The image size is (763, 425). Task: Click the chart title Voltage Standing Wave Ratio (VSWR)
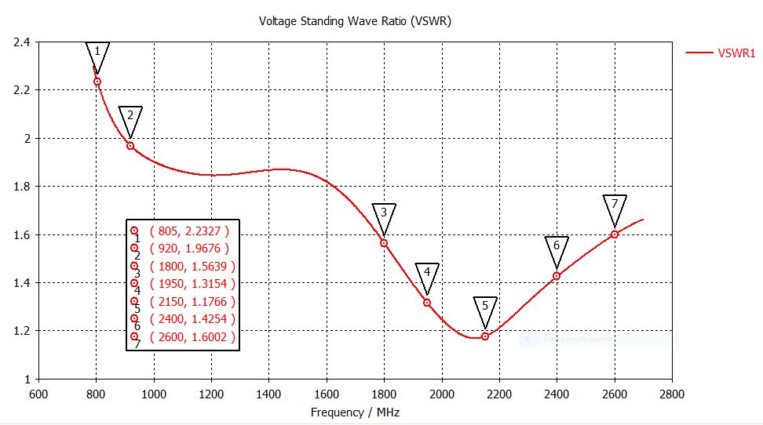click(355, 21)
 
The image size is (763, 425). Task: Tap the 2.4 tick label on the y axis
click(21, 42)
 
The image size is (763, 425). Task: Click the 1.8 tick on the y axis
click(21, 187)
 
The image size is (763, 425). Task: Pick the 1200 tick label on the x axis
click(211, 394)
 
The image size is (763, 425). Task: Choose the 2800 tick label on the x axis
click(672, 394)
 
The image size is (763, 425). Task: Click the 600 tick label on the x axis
click(38, 394)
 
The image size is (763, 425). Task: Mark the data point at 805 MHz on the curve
click(97, 82)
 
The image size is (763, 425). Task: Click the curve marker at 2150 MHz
click(485, 336)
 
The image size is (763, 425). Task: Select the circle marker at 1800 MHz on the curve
click(384, 243)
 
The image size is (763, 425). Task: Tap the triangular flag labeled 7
click(615, 206)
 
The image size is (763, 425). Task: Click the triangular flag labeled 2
click(130, 118)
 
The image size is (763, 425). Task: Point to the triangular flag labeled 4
click(427, 274)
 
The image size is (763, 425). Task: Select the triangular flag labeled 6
click(557, 248)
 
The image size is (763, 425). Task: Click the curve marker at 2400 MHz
click(557, 276)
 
